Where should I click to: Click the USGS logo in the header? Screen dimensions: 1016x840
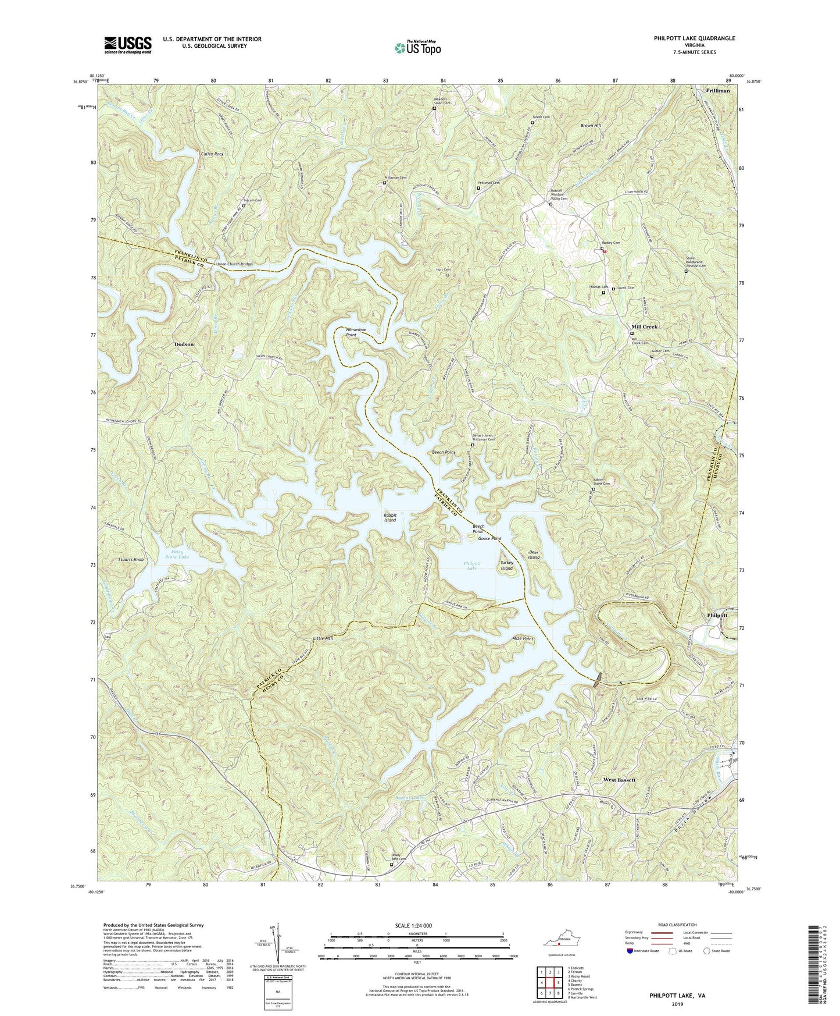[x=128, y=45]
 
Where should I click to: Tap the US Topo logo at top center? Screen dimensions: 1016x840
[x=417, y=48]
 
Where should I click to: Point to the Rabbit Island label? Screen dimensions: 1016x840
[x=389, y=517]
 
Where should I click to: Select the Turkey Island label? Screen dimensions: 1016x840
[x=507, y=566]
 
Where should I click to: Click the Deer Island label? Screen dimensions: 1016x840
[x=534, y=554]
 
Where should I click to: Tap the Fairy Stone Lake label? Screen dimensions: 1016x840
[x=173, y=554]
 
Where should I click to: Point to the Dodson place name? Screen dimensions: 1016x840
[x=184, y=344]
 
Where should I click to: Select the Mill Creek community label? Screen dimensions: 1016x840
[x=645, y=327]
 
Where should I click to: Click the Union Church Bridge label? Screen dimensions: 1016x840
[x=234, y=264]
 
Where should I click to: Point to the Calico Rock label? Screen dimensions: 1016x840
[x=212, y=154]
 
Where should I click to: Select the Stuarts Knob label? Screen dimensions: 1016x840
[x=130, y=560]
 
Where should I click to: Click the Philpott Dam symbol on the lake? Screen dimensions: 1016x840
[x=598, y=679]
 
